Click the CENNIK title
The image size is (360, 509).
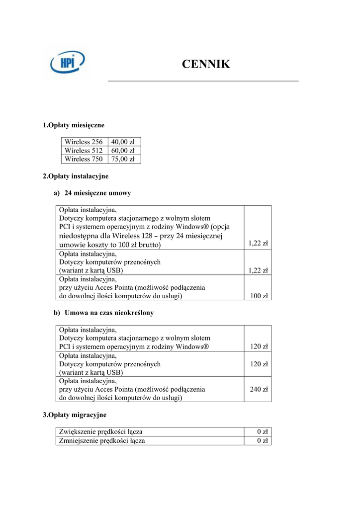pyautogui.click(x=206, y=64)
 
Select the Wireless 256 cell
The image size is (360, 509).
pyautogui.click(x=84, y=142)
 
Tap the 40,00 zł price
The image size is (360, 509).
pyautogui.click(x=123, y=142)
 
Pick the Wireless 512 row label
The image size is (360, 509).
pyautogui.click(x=84, y=151)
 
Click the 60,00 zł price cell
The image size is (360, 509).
pyautogui.click(x=123, y=151)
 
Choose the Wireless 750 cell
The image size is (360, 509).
pyautogui.click(x=84, y=159)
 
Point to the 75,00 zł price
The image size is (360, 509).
pyautogui.click(x=123, y=159)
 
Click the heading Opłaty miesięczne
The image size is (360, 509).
pyautogui.click(x=74, y=125)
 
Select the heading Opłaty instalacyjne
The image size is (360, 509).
pyautogui.click(x=76, y=176)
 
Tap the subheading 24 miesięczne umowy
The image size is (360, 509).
pyautogui.click(x=97, y=193)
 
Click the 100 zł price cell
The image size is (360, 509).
pyautogui.click(x=259, y=296)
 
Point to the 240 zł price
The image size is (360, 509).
pyautogui.click(x=259, y=390)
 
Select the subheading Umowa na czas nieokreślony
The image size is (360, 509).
pyautogui.click(x=109, y=313)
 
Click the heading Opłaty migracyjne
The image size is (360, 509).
pyautogui.click(x=75, y=415)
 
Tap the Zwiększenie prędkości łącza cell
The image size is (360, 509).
pyautogui.click(x=104, y=431)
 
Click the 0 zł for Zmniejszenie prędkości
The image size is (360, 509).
pyautogui.click(x=263, y=440)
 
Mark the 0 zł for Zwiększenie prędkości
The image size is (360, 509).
pyautogui.click(x=263, y=431)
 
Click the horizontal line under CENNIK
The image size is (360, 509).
pyautogui.click(x=203, y=81)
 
